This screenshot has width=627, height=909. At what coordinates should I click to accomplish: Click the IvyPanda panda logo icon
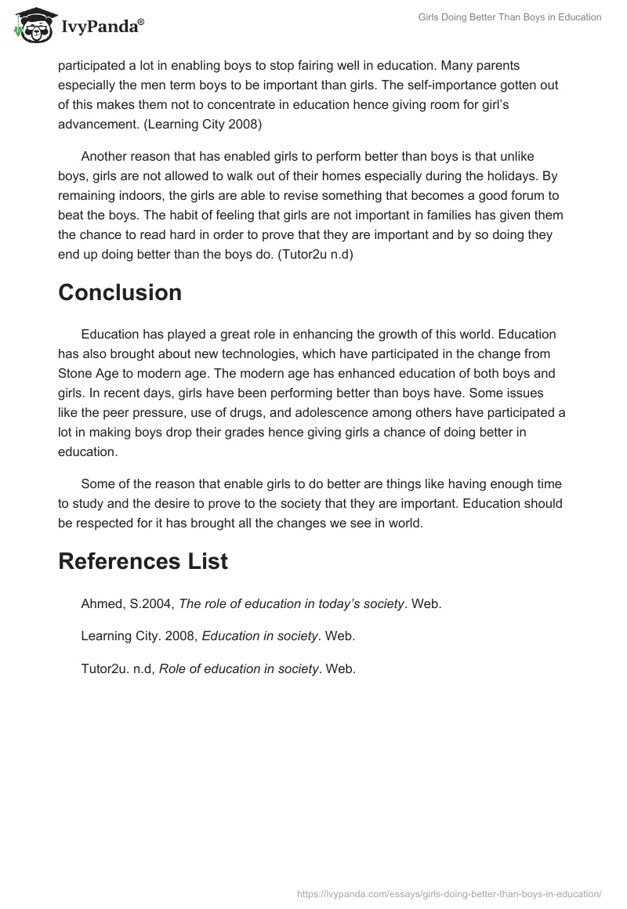[x=30, y=25]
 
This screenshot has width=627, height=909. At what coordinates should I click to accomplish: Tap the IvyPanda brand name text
[x=101, y=27]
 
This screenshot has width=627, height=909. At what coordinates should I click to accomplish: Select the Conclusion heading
[x=120, y=293]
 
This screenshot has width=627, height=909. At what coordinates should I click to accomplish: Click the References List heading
[x=143, y=561]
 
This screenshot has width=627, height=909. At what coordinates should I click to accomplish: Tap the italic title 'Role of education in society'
[x=239, y=668]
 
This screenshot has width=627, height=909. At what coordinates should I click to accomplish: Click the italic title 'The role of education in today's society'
[x=292, y=603]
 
